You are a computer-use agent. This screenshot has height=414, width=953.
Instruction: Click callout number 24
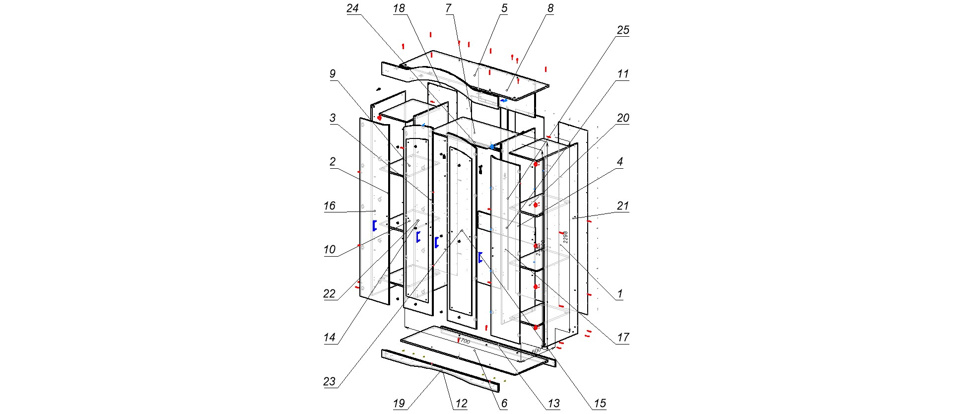[352, 8]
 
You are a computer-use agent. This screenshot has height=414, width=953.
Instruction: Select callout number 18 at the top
[399, 8]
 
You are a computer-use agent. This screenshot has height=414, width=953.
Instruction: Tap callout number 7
[449, 8]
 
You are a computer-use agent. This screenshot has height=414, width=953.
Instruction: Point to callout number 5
[504, 8]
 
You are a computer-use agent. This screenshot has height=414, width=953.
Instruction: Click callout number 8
[550, 8]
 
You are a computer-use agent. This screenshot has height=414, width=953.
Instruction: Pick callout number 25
[623, 30]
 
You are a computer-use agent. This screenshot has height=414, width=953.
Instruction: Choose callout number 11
[623, 74]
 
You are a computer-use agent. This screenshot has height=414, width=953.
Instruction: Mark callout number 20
[623, 118]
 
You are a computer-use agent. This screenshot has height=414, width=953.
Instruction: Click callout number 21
[623, 206]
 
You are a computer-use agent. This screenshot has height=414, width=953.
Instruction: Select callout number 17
[623, 338]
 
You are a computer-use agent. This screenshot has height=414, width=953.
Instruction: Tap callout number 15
[600, 403]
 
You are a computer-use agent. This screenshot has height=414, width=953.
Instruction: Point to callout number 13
[553, 403]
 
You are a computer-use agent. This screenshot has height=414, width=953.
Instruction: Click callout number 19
[399, 403]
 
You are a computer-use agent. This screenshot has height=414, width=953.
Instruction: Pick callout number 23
[330, 381]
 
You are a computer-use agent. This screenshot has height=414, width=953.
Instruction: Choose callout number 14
[330, 338]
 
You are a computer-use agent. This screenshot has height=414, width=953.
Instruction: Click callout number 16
[330, 206]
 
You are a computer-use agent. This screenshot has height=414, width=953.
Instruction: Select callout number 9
[333, 74]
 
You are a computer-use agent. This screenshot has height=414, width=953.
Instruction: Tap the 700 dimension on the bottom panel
[465, 341]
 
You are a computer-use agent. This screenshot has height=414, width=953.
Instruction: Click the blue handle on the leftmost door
[374, 225]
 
